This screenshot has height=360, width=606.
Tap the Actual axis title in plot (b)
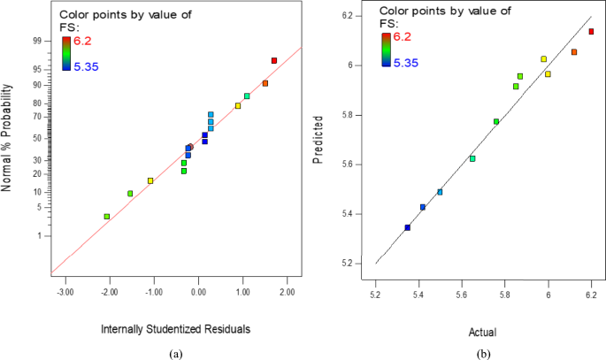(483, 333)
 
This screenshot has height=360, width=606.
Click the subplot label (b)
(485, 352)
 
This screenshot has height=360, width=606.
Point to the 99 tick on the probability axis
(38, 41)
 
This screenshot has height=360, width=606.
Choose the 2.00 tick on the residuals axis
(288, 289)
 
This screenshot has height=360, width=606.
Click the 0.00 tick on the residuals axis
(198, 289)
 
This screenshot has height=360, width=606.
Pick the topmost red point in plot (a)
(274, 60)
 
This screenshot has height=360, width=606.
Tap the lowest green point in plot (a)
(107, 217)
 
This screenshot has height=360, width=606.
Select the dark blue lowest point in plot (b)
(407, 227)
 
